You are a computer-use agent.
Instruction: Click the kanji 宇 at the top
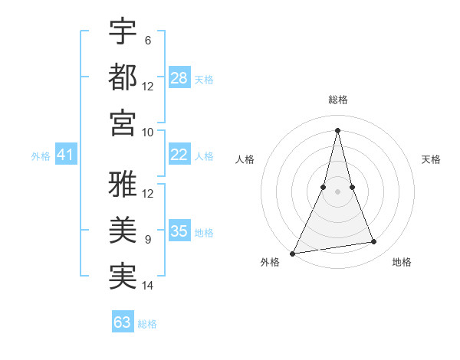[x=123, y=31]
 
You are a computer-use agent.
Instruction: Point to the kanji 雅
[x=123, y=185]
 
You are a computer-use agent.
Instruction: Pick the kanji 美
[x=123, y=230]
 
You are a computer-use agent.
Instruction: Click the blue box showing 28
[x=179, y=78]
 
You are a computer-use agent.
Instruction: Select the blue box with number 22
[x=179, y=155]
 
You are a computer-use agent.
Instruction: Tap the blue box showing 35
[x=179, y=232]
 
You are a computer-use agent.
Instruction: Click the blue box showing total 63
[x=123, y=322]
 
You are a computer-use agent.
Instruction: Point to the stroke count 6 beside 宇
[x=147, y=40]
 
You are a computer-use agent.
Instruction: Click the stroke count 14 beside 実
[x=148, y=286]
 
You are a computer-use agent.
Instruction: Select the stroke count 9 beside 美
[x=147, y=240]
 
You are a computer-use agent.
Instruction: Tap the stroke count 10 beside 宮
[x=148, y=131]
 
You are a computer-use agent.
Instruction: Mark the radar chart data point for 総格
[x=337, y=129]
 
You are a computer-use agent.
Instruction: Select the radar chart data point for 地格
[x=374, y=242]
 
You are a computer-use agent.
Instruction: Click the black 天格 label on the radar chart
[x=432, y=159]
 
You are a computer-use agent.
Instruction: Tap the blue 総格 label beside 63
[x=147, y=324]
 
